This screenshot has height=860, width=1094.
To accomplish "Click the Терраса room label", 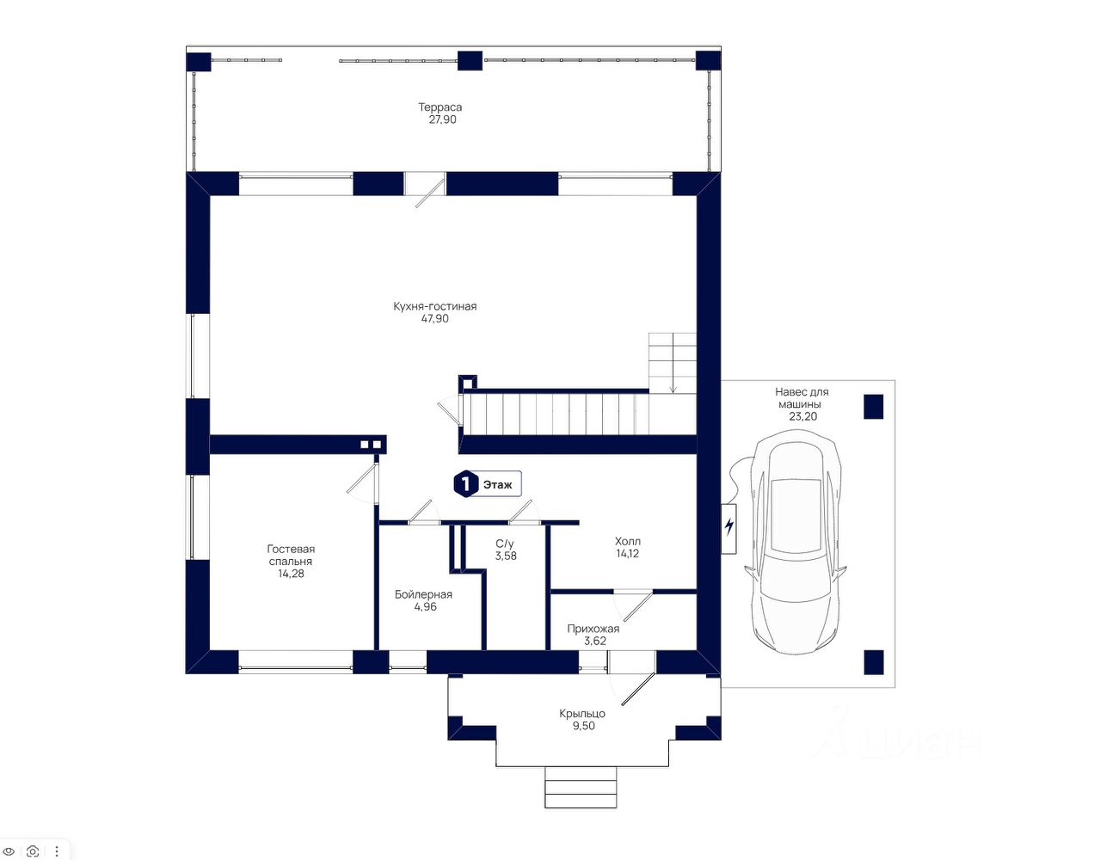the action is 439,107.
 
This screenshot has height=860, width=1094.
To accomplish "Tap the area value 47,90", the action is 434,319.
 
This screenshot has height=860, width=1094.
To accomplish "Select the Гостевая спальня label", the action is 291,555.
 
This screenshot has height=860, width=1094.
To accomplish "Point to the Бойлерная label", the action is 423,594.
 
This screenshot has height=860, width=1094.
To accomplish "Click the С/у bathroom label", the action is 505,544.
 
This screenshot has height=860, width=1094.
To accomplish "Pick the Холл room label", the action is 627,541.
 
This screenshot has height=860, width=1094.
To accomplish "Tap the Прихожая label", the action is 593,629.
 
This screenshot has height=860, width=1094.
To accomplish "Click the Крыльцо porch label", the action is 582,714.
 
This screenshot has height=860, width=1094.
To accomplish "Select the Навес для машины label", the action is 802,398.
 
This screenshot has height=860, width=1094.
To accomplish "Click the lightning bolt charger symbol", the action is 729,526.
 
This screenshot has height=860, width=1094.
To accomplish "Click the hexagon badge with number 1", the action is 465,484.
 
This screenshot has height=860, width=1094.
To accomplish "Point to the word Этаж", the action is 498,485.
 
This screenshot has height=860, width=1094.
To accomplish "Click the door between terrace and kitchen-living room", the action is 426,190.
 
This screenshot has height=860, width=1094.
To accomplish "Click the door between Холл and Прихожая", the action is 633,605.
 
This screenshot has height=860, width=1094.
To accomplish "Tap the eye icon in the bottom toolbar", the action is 9,851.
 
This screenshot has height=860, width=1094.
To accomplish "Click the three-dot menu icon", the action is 57,851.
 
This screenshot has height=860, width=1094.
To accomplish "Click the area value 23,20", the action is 802,416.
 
